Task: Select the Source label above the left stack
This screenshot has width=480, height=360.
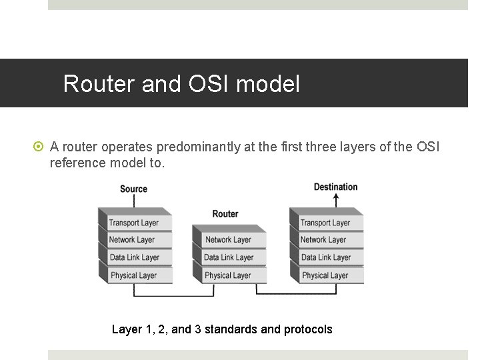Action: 133,189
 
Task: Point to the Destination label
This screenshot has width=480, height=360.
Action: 335,186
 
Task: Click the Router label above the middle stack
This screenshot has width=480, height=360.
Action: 225,213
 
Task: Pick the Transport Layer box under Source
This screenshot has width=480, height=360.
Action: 133,223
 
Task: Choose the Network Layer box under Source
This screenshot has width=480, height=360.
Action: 132,240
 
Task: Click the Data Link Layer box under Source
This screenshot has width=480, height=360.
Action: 134,257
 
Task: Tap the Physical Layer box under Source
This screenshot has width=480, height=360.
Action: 133,275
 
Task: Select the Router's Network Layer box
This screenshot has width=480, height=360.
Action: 228,240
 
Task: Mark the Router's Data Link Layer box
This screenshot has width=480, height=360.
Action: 229,257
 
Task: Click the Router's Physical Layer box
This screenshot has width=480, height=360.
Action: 228,275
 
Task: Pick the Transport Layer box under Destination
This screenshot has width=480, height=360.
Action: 325,223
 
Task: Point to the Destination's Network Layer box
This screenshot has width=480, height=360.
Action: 323,240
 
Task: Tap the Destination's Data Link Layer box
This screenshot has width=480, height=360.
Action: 325,257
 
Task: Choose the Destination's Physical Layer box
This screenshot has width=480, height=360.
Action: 325,275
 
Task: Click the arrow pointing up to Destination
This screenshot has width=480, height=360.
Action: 335,200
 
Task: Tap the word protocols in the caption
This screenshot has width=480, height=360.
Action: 307,329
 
